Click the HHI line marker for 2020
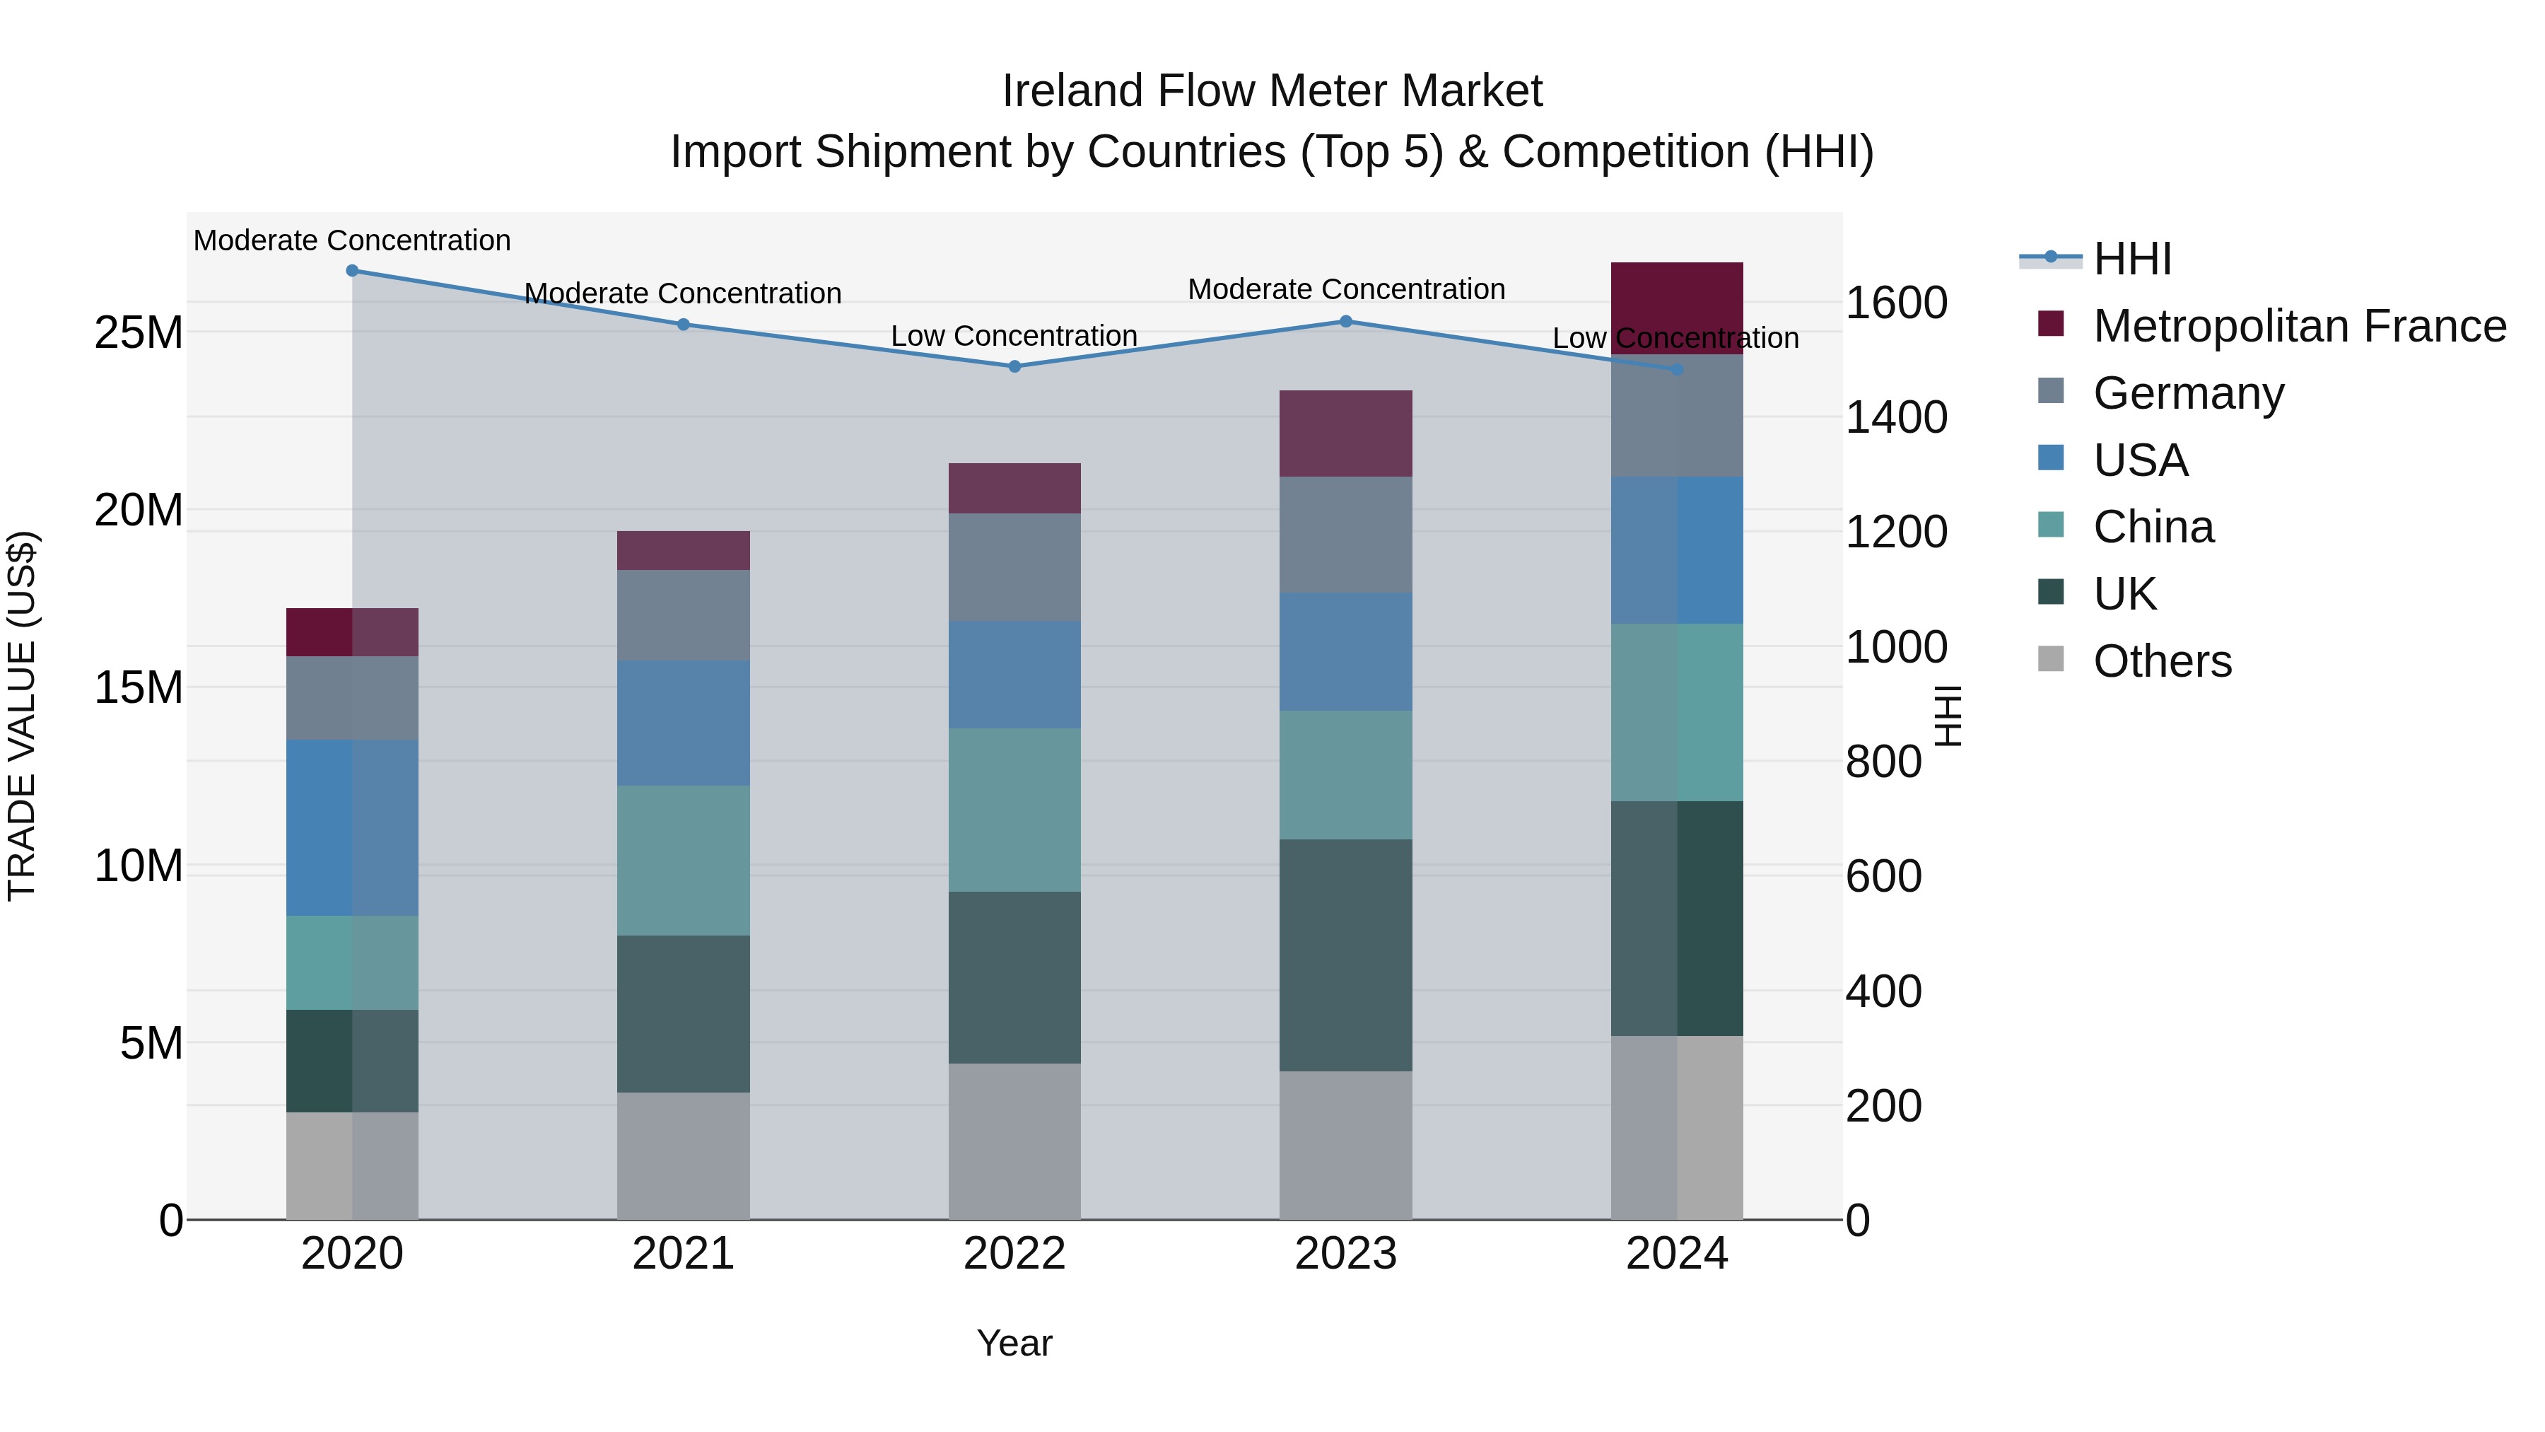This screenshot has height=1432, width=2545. click(x=352, y=271)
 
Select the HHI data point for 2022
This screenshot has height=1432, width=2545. click(x=1014, y=366)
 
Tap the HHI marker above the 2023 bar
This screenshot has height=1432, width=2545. click(x=1345, y=321)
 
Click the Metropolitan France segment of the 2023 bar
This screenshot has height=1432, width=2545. click(x=1345, y=434)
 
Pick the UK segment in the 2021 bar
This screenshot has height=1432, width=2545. click(x=683, y=1014)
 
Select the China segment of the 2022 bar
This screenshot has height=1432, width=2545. click(x=1014, y=810)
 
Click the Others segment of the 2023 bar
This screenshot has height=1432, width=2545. click(x=1345, y=1146)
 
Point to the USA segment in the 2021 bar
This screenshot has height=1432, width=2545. click(x=683, y=723)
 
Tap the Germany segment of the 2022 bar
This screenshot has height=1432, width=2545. click(x=1014, y=567)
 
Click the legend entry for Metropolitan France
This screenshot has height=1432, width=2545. click(x=2299, y=326)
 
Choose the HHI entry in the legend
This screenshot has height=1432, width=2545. click(x=2132, y=259)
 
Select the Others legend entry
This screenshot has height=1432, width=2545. click(x=2162, y=661)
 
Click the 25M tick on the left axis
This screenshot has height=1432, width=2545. click(x=139, y=333)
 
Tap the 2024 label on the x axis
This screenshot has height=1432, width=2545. click(x=1677, y=1254)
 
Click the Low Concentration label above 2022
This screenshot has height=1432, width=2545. click(x=1014, y=336)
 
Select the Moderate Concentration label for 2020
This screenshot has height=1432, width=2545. click(x=352, y=240)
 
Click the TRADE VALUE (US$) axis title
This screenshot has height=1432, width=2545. click(x=22, y=716)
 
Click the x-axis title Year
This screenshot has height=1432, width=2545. click(x=1014, y=1343)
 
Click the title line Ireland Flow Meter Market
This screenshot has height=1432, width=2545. click(x=1272, y=91)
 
